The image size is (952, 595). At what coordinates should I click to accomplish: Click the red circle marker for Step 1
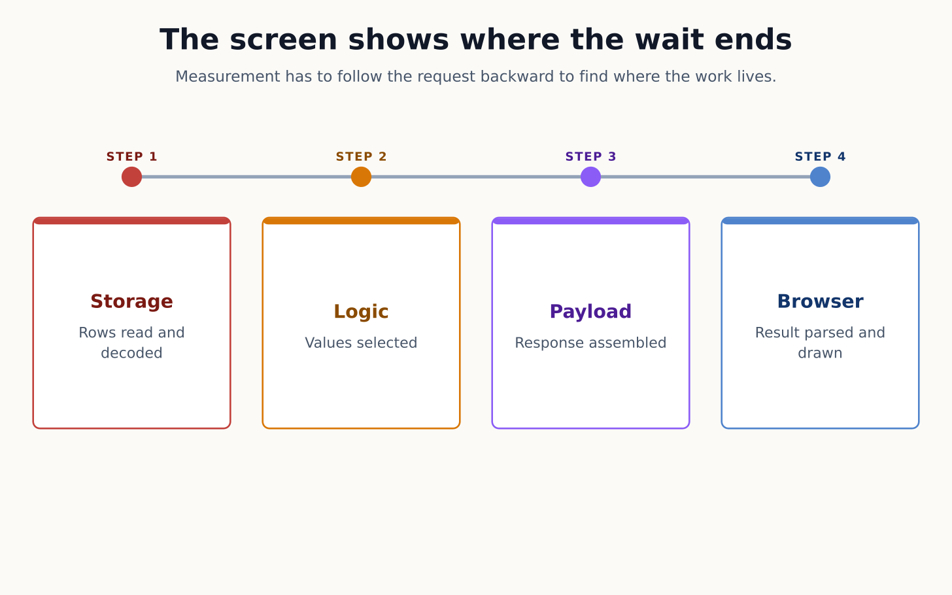tap(132, 177)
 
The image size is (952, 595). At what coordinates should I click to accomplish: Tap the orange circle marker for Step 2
tap(361, 177)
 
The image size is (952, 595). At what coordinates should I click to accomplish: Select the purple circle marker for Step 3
tap(591, 177)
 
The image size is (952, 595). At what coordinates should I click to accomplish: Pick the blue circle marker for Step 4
tap(820, 177)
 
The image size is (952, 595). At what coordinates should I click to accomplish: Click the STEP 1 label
tap(132, 157)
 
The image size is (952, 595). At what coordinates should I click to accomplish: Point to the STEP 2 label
tap(361, 157)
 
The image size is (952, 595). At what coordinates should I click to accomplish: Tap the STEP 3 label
tap(591, 157)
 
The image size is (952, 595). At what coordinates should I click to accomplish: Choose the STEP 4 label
tap(820, 157)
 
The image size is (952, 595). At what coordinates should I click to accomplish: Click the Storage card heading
tap(132, 302)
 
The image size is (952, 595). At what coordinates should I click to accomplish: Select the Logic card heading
tap(361, 312)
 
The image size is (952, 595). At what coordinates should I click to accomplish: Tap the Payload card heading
tap(591, 312)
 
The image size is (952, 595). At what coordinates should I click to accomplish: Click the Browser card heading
tap(820, 302)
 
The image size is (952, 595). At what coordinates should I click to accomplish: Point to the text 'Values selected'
tap(361, 343)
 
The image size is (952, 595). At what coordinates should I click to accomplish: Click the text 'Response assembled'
tap(591, 343)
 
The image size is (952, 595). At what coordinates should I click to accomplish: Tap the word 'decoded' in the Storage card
tap(132, 353)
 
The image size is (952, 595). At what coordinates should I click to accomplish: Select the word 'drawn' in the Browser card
tap(820, 353)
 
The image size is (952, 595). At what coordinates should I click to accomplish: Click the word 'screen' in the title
tap(284, 40)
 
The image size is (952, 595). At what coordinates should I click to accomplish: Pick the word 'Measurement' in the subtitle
tap(226, 77)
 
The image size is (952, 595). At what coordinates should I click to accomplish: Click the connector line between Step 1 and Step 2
tap(246, 177)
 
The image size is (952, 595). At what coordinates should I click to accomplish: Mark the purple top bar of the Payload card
tap(591, 220)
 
